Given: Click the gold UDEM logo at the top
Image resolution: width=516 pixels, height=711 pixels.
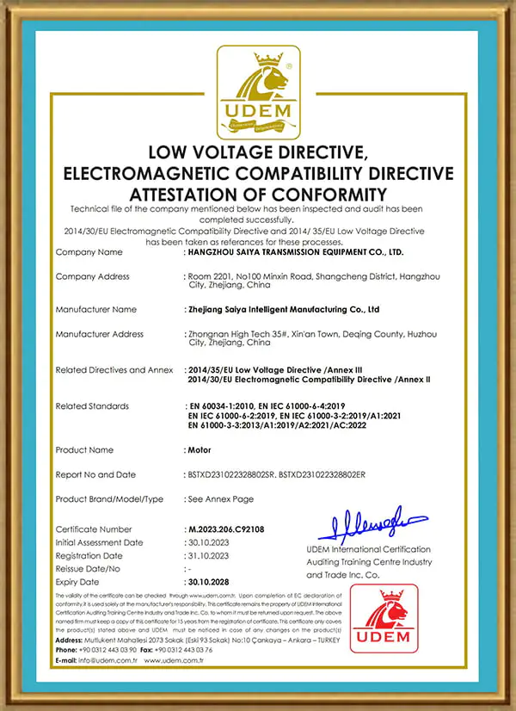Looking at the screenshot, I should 258,93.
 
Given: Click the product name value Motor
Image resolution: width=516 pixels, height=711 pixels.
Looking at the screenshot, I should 200,449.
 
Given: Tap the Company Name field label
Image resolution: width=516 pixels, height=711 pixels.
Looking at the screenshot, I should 89,252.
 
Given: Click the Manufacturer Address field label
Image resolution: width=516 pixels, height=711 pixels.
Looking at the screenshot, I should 99,334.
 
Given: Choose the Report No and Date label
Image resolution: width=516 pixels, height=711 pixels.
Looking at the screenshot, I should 95,474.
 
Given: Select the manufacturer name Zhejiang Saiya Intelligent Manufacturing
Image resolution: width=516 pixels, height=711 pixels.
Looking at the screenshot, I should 285,309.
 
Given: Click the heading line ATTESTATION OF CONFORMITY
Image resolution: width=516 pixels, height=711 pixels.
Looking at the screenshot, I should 257,193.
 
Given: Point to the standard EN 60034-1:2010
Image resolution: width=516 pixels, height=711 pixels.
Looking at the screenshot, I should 224,405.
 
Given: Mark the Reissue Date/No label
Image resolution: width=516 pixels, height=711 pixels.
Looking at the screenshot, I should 88,569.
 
